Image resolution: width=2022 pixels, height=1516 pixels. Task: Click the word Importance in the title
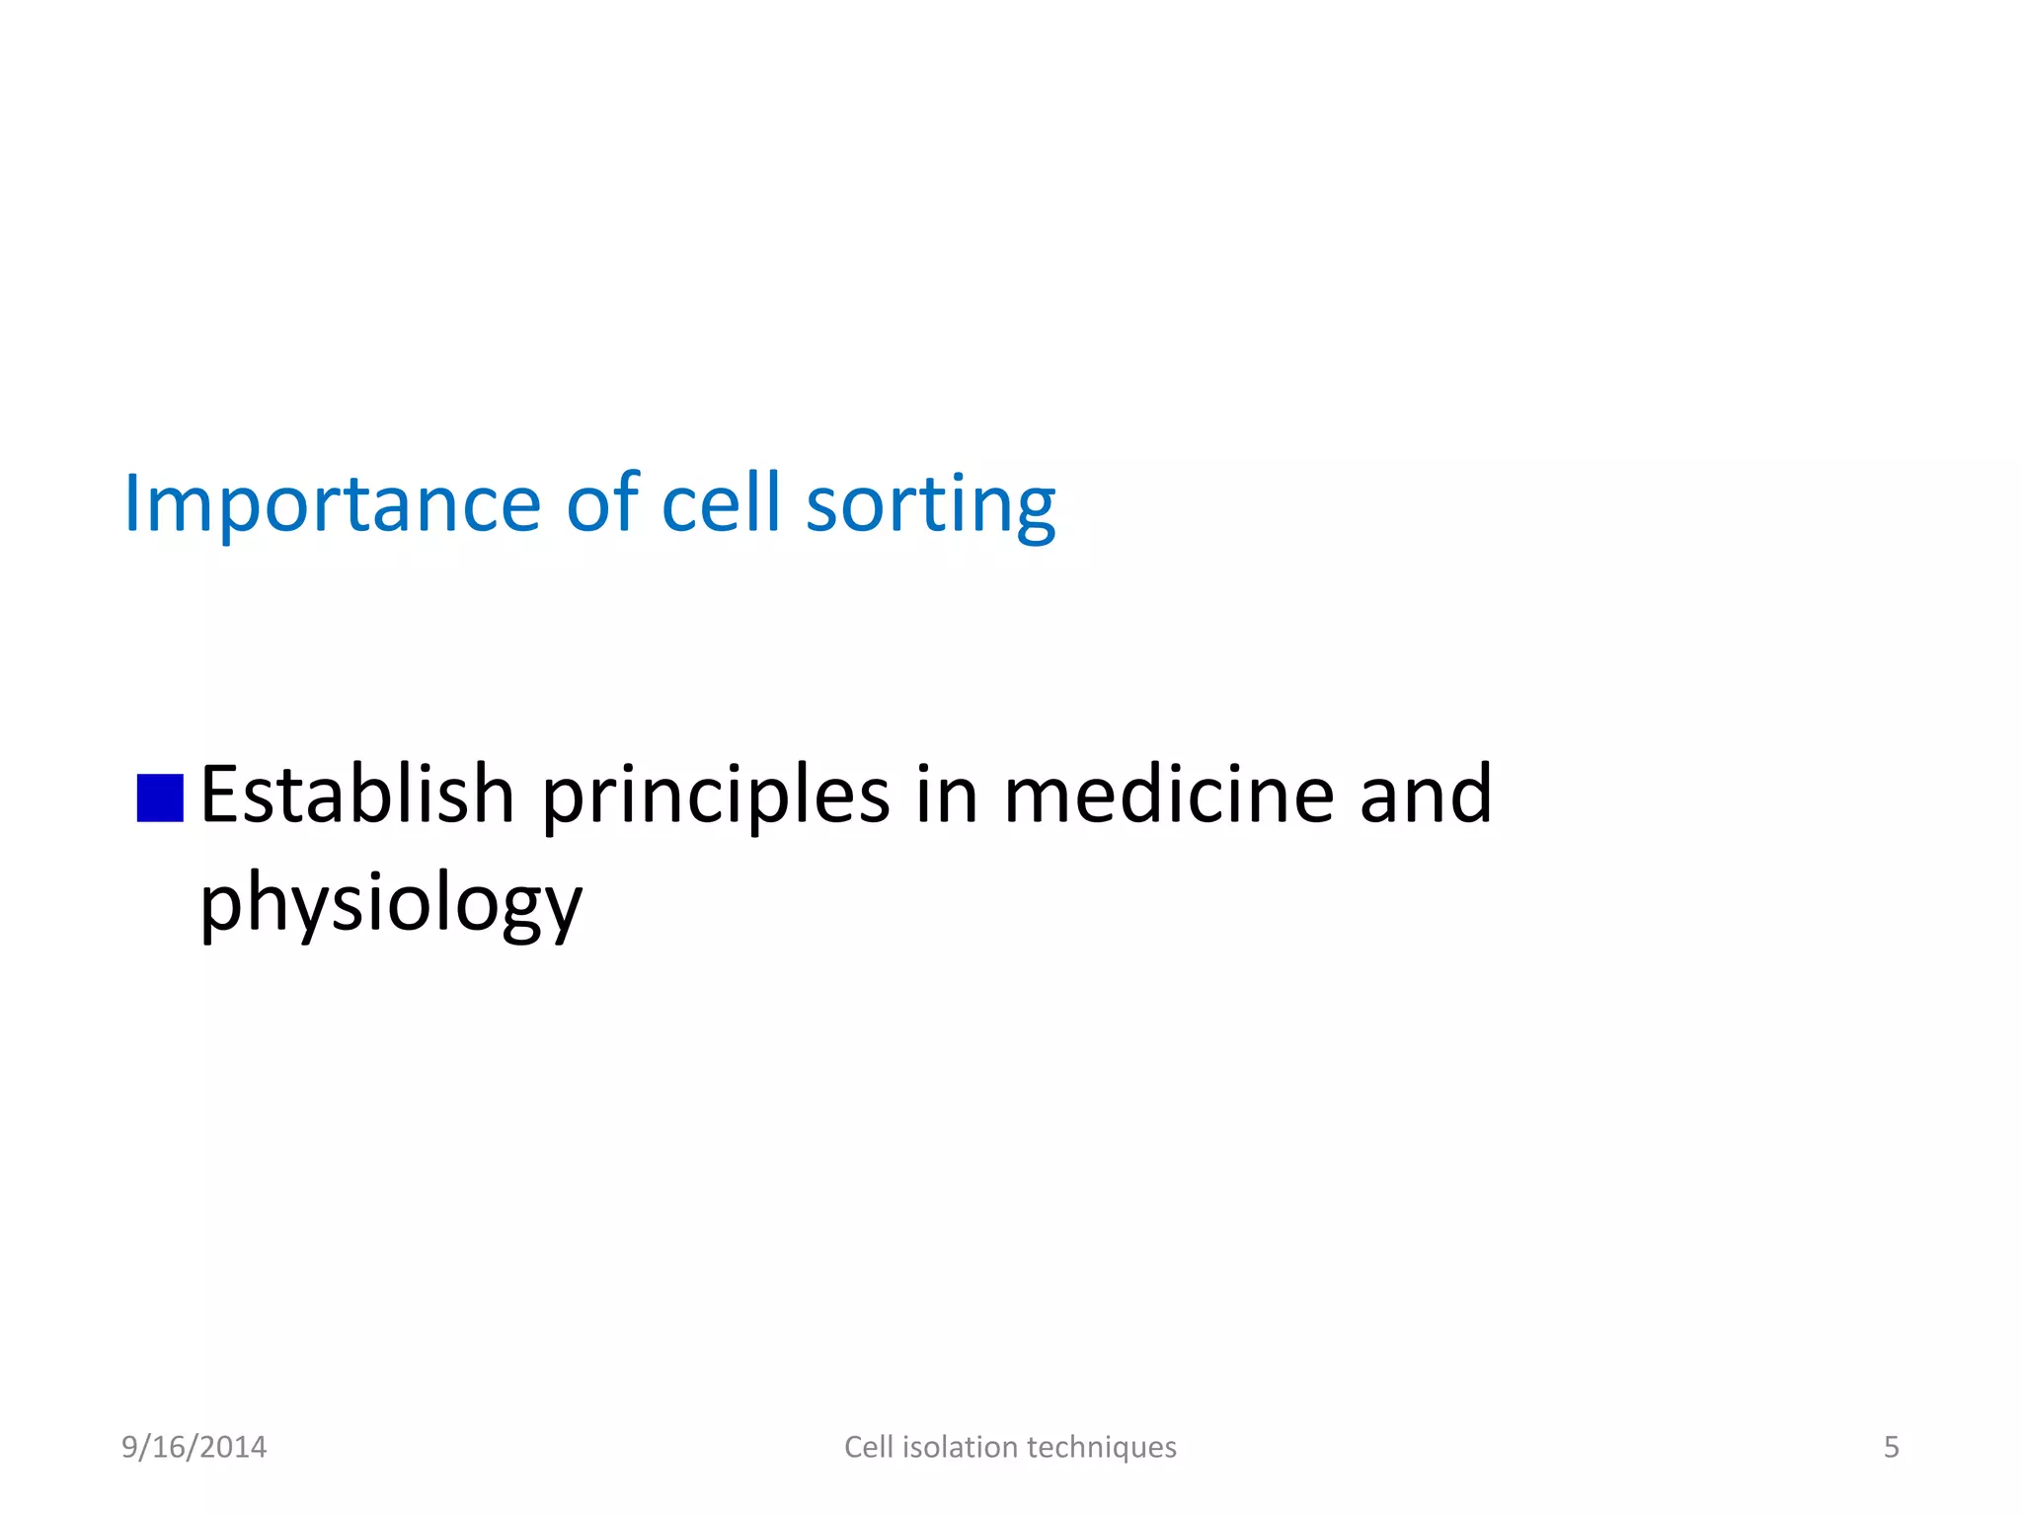tap(332, 504)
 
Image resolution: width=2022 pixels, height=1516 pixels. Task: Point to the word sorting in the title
tap(931, 504)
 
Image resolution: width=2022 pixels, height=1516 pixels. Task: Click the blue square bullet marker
tap(160, 797)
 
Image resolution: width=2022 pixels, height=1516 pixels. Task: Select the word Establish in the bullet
tap(357, 795)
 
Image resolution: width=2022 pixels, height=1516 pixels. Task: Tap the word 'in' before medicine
tap(946, 795)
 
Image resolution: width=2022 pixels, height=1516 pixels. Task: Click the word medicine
tap(1169, 795)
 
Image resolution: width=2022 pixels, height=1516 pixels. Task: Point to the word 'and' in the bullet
tap(1426, 795)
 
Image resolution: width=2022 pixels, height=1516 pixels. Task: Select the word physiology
tap(391, 903)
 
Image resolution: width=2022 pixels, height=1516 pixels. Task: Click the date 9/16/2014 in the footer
tap(194, 1447)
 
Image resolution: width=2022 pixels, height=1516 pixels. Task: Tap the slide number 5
tap(1891, 1447)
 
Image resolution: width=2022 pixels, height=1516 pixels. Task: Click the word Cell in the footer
tap(868, 1447)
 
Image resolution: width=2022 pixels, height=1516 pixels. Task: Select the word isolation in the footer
tap(960, 1447)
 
